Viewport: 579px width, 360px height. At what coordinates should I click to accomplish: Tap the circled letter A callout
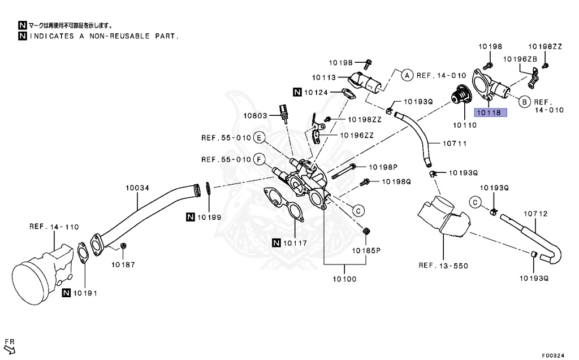pos(407,75)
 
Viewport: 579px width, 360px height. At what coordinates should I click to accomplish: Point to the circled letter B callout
pos(524,102)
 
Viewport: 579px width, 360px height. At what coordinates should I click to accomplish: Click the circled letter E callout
pos(259,137)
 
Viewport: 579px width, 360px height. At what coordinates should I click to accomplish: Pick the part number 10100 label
pos(344,279)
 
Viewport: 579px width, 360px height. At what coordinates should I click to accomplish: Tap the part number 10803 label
pos(256,115)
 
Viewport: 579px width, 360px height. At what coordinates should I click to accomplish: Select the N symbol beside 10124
pos(297,92)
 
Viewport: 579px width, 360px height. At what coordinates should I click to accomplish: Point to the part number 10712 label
pos(535,214)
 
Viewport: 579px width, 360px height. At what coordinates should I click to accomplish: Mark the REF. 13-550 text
pos(443,265)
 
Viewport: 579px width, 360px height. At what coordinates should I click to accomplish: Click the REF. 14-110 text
pos(54,227)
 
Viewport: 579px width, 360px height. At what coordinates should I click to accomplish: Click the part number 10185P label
pos(366,249)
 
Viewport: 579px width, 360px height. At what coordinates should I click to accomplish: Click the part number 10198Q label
pos(396,181)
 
